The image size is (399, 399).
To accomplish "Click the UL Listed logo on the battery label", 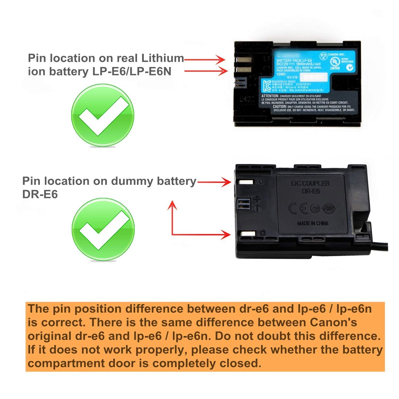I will (335, 63).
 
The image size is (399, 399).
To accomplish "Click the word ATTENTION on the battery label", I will (270, 96).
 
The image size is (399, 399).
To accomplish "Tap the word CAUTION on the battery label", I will (279, 106).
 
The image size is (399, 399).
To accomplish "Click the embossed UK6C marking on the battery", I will (247, 99).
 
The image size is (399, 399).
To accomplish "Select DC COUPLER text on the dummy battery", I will (310, 183).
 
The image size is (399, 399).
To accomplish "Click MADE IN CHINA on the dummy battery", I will (313, 223).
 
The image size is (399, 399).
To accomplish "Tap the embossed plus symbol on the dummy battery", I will (257, 199).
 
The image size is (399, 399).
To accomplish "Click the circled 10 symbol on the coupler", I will (329, 208).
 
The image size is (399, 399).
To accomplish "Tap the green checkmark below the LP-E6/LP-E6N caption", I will (103, 115).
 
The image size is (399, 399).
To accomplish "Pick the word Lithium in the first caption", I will (162, 58).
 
